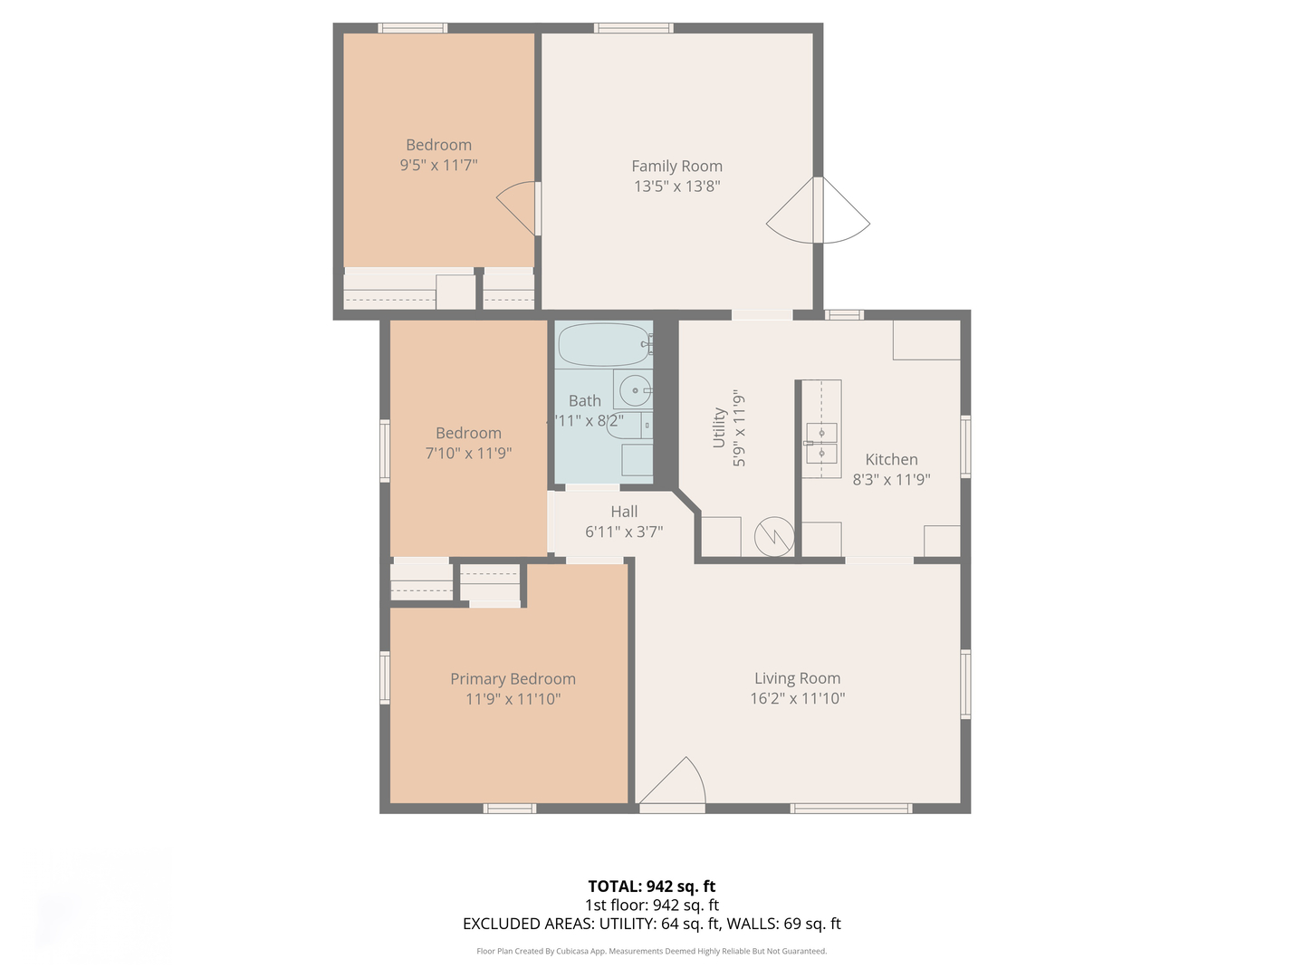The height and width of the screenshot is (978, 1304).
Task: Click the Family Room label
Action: pyautogui.click(x=676, y=166)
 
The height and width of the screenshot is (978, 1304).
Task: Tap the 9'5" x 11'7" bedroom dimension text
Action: pyautogui.click(x=438, y=165)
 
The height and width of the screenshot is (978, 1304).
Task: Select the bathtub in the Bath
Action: pyautogui.click(x=604, y=344)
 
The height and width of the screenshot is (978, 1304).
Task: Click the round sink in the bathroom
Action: pyautogui.click(x=635, y=390)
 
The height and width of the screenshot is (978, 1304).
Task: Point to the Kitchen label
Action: pyautogui.click(x=891, y=459)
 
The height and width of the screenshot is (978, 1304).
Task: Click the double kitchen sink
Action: pyautogui.click(x=821, y=443)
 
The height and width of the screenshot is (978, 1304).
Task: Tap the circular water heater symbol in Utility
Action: pyautogui.click(x=774, y=537)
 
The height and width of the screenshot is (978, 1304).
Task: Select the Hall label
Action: pyautogui.click(x=624, y=512)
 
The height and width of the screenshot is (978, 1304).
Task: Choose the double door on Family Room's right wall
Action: pyautogui.click(x=819, y=211)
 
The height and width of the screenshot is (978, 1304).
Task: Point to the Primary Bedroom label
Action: pyautogui.click(x=513, y=678)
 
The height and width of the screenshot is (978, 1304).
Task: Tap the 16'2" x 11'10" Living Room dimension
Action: pyautogui.click(x=797, y=698)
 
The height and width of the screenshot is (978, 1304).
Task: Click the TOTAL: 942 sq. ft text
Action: pyautogui.click(x=651, y=887)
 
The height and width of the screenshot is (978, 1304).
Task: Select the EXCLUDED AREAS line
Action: pyautogui.click(x=651, y=924)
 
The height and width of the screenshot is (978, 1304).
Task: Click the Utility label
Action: pyautogui.click(x=719, y=427)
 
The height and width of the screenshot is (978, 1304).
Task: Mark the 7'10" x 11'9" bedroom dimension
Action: pyautogui.click(x=468, y=453)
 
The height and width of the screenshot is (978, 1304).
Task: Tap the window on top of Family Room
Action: pyautogui.click(x=633, y=28)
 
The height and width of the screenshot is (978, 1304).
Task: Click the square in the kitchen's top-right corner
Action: pyautogui.click(x=926, y=340)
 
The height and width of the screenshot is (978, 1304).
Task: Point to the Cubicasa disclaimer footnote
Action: pyautogui.click(x=651, y=951)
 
